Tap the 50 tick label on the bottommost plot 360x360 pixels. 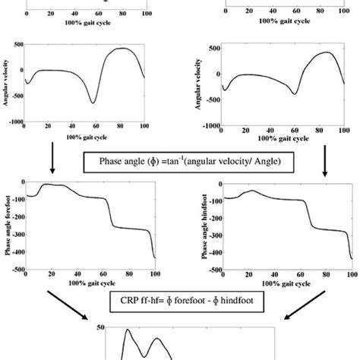[112, 327]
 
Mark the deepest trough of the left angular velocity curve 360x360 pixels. [93, 102]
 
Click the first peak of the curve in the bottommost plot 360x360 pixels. [128, 330]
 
